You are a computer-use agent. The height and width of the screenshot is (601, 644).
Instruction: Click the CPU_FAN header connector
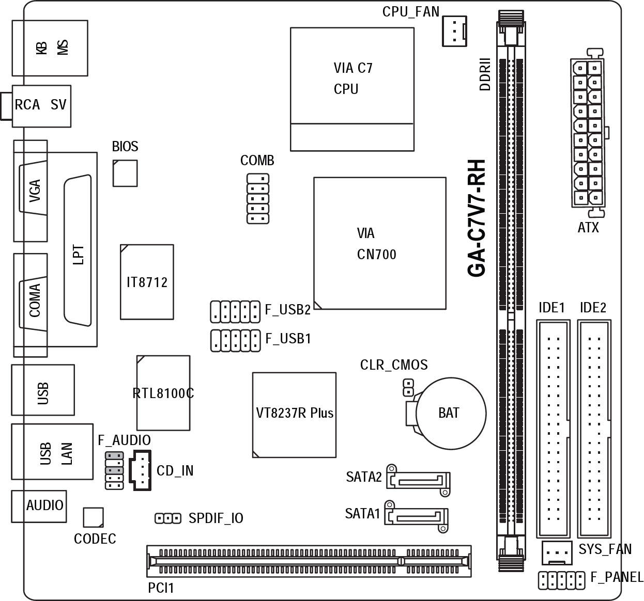[454, 31]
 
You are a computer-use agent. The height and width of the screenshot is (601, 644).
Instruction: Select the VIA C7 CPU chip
[352, 89]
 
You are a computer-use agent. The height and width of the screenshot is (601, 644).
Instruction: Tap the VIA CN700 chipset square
[380, 243]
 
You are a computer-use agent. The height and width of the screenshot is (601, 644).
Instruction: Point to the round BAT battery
[451, 413]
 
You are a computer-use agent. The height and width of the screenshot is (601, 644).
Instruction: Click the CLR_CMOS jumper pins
[408, 388]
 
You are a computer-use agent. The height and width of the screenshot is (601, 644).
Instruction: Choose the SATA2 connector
[418, 480]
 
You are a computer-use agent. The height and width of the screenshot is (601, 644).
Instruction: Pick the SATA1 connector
[417, 517]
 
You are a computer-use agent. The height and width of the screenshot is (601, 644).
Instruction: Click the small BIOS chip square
[125, 173]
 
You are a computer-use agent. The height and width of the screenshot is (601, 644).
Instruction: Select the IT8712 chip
[147, 282]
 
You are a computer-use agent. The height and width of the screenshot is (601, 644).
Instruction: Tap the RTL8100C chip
[163, 393]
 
